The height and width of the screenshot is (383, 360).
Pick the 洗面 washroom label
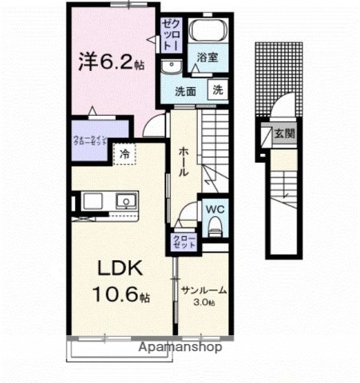187,91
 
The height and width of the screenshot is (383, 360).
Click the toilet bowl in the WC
213,227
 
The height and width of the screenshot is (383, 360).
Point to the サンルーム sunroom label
204,290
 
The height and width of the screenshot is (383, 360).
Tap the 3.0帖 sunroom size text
204,303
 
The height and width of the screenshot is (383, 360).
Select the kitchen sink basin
125,200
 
